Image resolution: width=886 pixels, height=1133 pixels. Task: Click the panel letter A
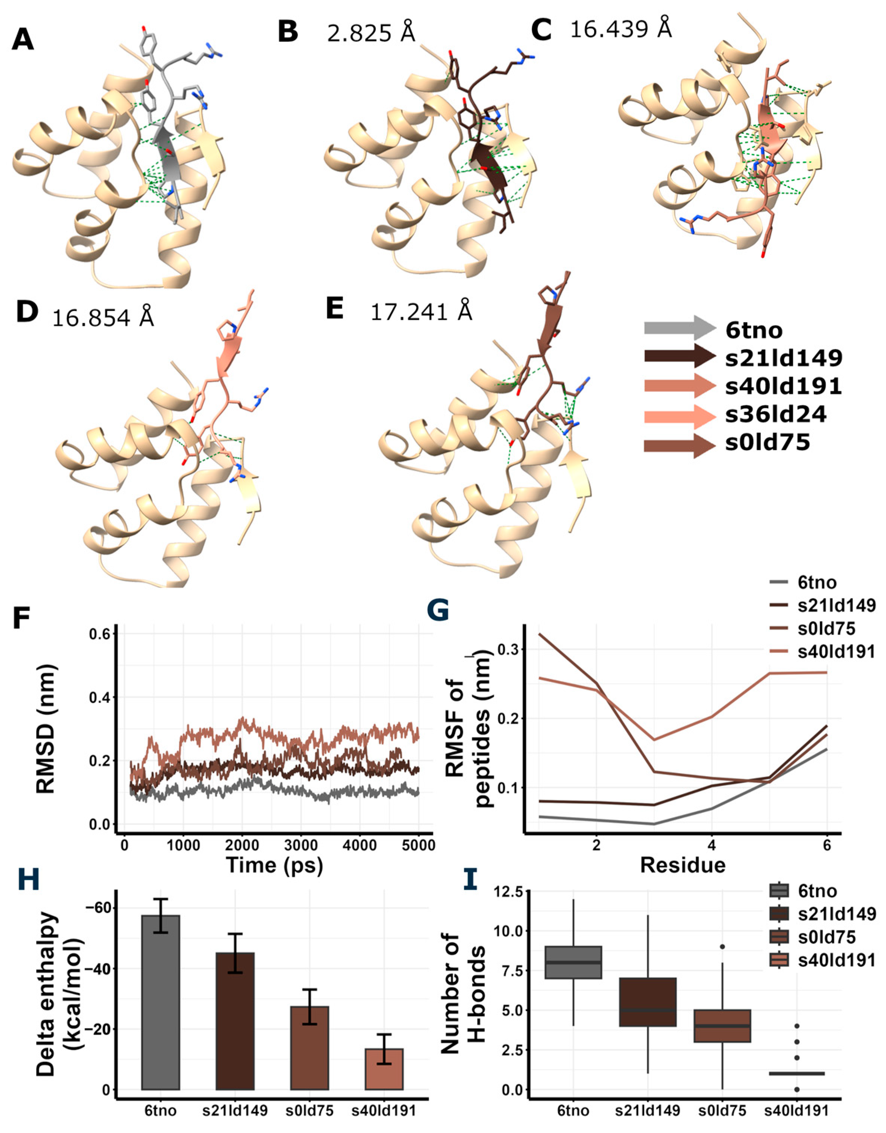22,39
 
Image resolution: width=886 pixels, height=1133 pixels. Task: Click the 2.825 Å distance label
371,34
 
